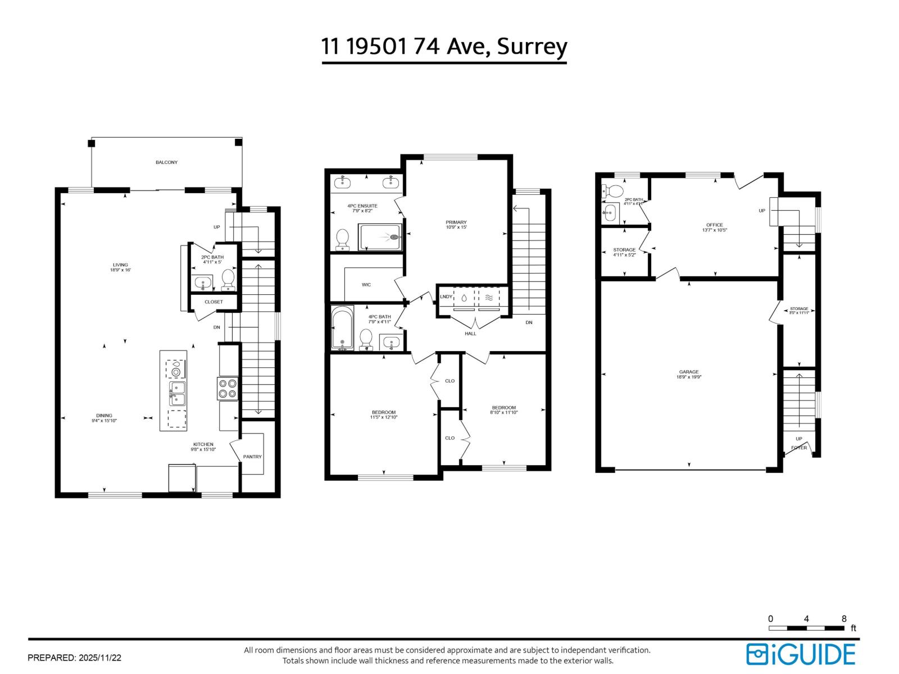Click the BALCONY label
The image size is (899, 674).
click(166, 162)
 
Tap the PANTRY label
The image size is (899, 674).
click(252, 457)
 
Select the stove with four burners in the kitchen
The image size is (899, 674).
click(228, 389)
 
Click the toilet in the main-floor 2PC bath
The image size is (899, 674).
click(228, 279)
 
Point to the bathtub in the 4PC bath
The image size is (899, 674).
click(342, 328)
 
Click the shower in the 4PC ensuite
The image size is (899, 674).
click(380, 237)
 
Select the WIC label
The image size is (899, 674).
click(366, 285)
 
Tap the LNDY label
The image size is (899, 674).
click(445, 297)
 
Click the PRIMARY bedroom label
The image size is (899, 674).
click(456, 222)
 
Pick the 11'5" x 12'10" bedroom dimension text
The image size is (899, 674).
click(383, 417)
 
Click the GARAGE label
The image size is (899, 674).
click(688, 372)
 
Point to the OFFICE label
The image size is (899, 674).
click(714, 225)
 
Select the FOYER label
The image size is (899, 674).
click(798, 448)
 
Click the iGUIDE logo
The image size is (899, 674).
click(800, 654)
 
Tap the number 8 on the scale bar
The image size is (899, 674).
click(843, 618)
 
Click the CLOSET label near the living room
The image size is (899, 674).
click(214, 302)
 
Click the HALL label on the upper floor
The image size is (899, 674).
click(470, 334)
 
